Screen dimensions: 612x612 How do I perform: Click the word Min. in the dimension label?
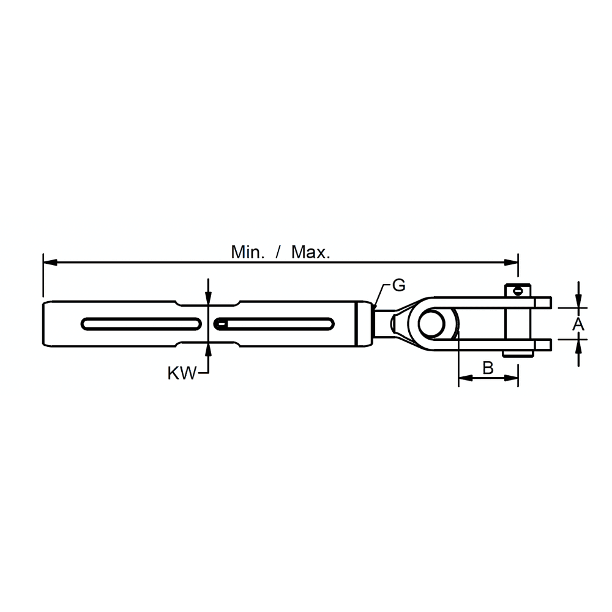pyautogui.click(x=248, y=253)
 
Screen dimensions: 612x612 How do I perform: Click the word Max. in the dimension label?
pyautogui.click(x=311, y=253)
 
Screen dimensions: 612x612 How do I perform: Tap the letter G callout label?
pyautogui.click(x=399, y=285)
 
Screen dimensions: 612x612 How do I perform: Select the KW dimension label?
pyautogui.click(x=182, y=373)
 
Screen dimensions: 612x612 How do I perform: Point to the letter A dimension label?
pyautogui.click(x=578, y=324)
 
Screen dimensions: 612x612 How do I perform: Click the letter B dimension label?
pyautogui.click(x=488, y=368)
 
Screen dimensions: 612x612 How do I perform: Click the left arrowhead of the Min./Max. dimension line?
pyautogui.click(x=50, y=263)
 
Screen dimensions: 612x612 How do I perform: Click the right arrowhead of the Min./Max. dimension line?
pyautogui.click(x=511, y=263)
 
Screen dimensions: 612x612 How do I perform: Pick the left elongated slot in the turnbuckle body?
pyautogui.click(x=141, y=324)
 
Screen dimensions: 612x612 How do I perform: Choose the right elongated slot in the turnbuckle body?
pyautogui.click(x=274, y=324)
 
